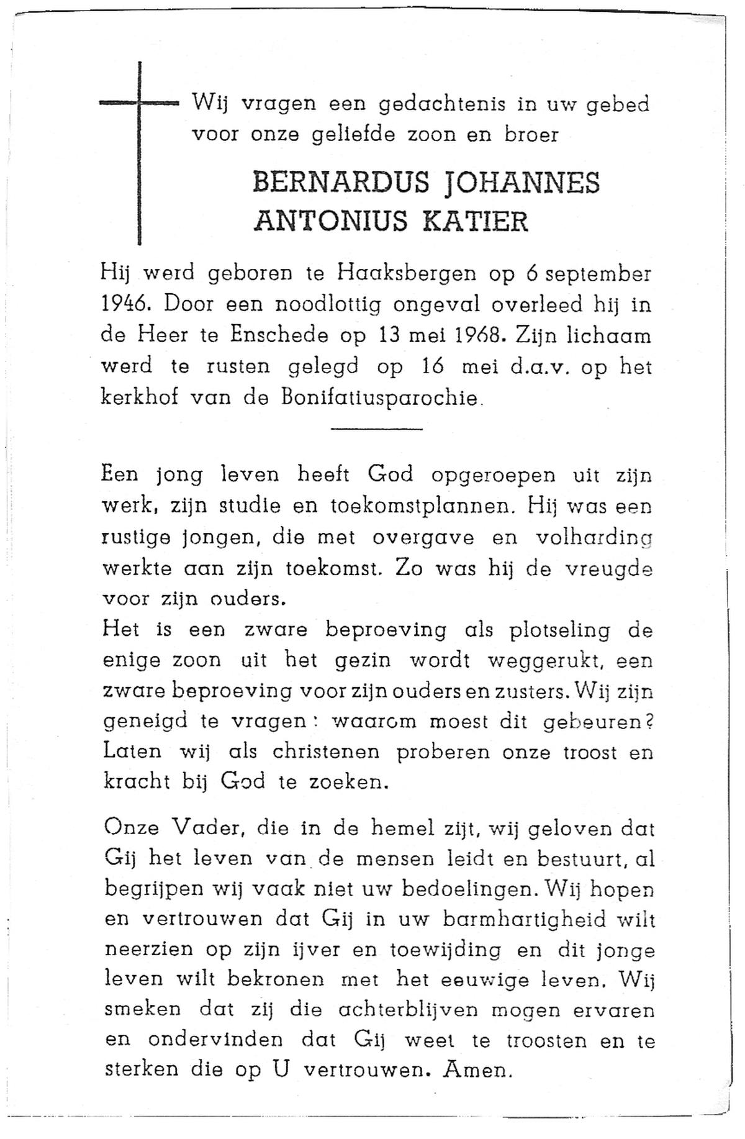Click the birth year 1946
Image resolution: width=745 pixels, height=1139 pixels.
click(x=124, y=305)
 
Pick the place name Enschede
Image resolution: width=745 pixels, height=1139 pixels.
click(x=279, y=336)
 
